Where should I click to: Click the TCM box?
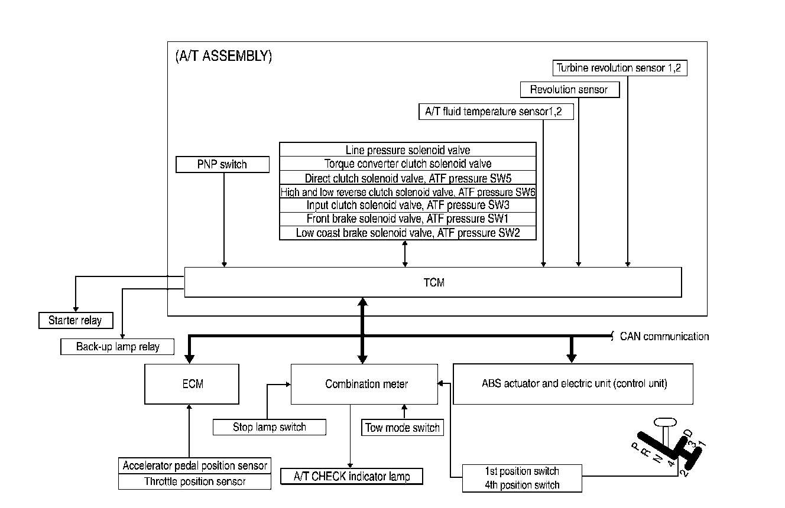(x=433, y=282)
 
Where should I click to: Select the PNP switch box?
(x=222, y=164)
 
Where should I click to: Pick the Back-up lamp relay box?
(x=118, y=347)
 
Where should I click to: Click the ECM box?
(x=192, y=384)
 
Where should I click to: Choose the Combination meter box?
(x=366, y=384)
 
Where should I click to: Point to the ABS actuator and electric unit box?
(x=574, y=384)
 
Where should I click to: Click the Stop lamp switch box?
(x=269, y=427)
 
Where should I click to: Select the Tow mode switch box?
(x=403, y=428)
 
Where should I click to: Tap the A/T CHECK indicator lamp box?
(x=351, y=476)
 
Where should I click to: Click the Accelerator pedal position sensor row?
(x=195, y=465)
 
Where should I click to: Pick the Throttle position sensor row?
(x=195, y=481)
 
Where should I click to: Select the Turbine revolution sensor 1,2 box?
(x=619, y=68)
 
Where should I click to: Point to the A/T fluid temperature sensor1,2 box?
(x=495, y=112)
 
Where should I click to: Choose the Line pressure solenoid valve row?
(x=408, y=150)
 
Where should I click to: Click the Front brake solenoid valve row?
(x=408, y=219)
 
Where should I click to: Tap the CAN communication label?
(x=664, y=337)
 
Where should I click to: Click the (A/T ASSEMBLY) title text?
(x=223, y=57)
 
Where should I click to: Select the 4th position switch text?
(x=522, y=485)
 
